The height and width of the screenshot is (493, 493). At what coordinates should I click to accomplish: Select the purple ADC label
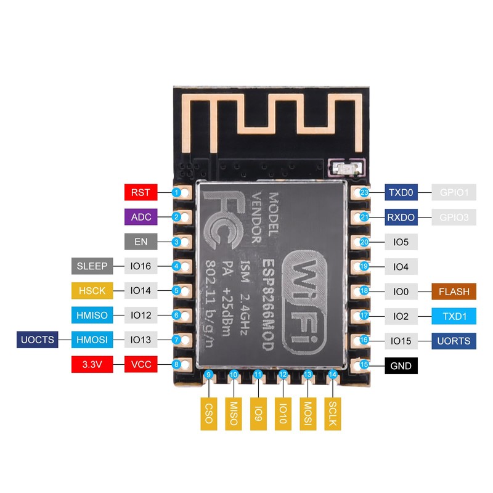pos(141,217)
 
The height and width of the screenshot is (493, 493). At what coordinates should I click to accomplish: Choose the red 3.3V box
pos(92,365)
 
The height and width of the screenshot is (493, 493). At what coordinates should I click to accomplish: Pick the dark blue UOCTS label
pos(38,340)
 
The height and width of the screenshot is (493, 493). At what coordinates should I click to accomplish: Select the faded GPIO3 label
pos(455,217)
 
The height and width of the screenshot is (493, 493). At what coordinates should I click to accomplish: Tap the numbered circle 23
pos(364,192)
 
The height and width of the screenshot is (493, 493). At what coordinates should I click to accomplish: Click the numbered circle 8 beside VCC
pos(176,365)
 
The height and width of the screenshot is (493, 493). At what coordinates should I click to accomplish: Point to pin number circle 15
pos(364,365)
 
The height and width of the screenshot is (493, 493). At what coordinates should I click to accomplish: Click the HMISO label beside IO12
pos(92,316)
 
